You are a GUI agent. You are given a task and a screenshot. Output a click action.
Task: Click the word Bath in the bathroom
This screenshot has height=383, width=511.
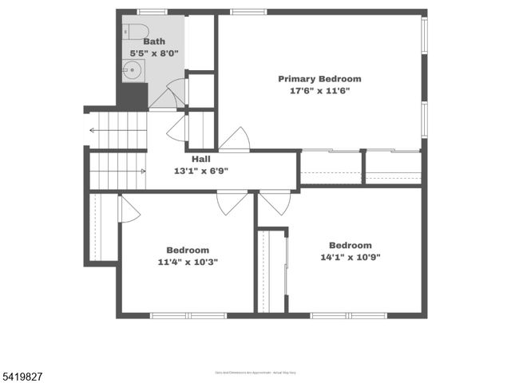[154, 41]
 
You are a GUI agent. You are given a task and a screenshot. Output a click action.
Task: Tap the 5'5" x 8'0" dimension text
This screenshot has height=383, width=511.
[154, 53]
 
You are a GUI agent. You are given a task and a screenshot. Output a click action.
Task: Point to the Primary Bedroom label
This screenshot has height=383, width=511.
[319, 79]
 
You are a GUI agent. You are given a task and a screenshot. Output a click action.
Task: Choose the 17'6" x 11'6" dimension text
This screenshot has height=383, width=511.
[319, 91]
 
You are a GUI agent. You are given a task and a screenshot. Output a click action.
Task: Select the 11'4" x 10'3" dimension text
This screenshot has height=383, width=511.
[188, 262]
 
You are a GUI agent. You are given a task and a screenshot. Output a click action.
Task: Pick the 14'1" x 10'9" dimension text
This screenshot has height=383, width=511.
[350, 257]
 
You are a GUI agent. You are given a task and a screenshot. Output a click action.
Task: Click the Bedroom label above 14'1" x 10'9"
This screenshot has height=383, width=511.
[350, 245]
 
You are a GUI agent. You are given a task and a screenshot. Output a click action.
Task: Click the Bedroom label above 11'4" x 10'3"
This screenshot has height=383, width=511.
[188, 250]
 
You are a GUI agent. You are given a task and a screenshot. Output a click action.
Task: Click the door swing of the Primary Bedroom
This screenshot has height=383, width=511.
[234, 140]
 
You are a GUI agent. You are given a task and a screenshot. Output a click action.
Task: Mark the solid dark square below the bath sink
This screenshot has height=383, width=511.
[133, 97]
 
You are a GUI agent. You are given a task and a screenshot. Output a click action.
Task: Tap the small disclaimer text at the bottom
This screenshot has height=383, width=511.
[255, 372]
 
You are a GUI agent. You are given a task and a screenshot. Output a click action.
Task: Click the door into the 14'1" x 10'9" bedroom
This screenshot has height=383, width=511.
[275, 202]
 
